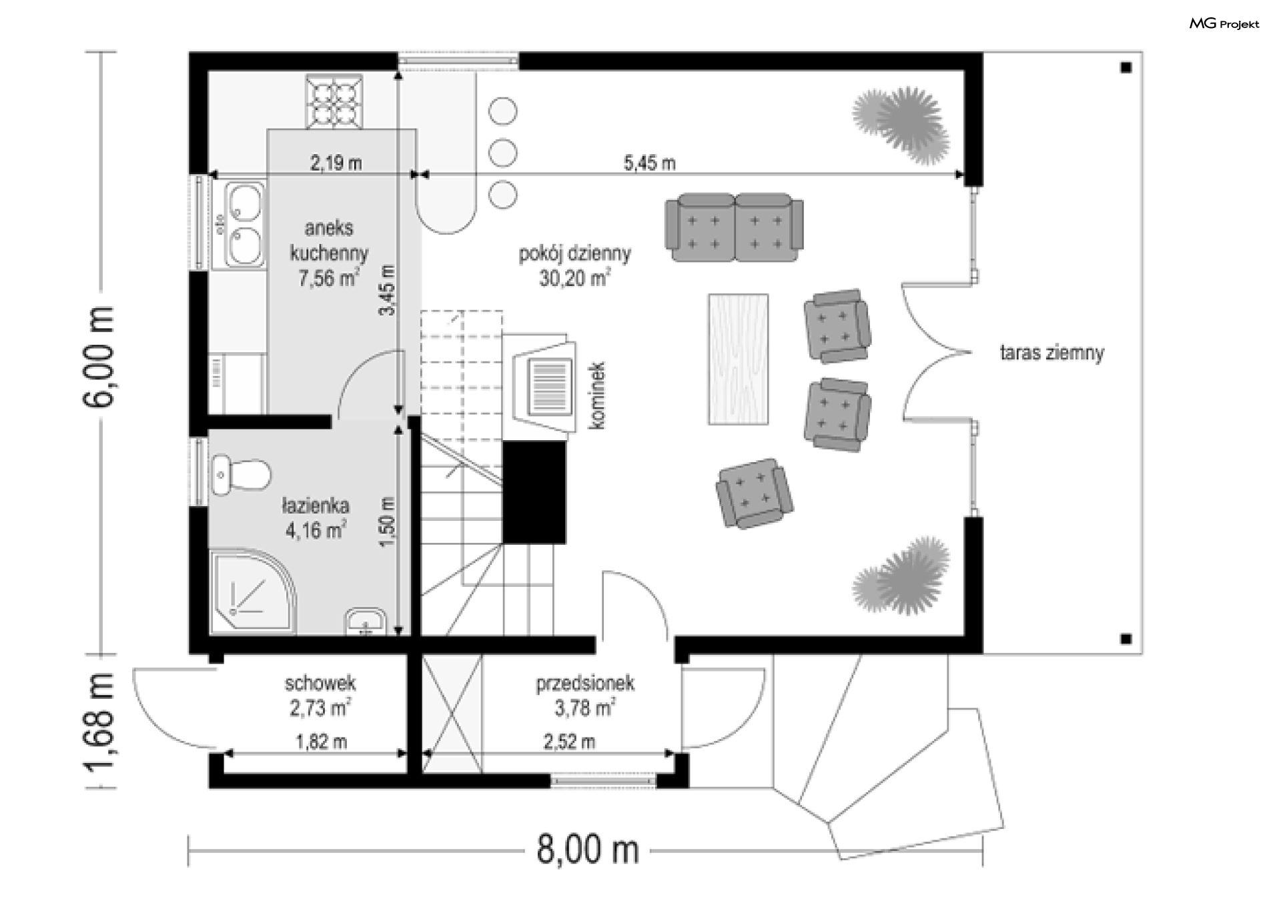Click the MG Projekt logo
(1224, 24)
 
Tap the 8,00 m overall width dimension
(588, 850)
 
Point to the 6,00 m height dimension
(99, 357)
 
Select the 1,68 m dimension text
(99, 730)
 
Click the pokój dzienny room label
(574, 265)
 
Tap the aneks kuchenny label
(329, 253)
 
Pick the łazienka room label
(316, 518)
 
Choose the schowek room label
(320, 696)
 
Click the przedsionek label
(585, 696)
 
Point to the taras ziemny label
(1051, 353)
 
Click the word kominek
(597, 395)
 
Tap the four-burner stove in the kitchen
(335, 101)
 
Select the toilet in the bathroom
(240, 475)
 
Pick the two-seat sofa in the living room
(735, 227)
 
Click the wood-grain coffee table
(738, 359)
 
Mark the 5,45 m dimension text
(649, 163)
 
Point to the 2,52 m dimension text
(569, 742)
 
